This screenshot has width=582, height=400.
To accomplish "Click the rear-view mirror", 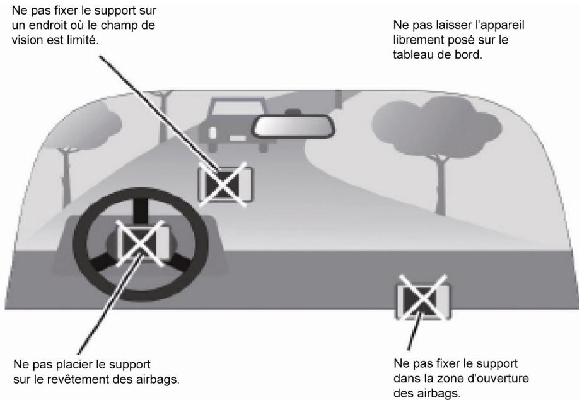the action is click(293, 127).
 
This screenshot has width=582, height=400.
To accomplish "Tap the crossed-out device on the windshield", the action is click(225, 184).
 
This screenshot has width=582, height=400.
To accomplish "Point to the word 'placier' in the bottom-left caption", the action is click(75, 364).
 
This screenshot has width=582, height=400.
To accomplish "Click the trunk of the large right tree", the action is click(440, 185).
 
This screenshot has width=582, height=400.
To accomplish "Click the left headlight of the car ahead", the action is click(212, 134).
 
